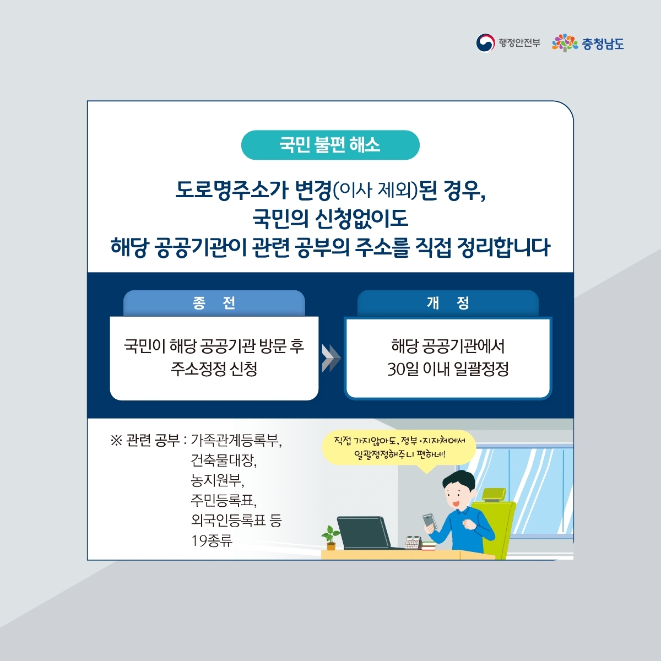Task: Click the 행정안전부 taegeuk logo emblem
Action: click(x=485, y=43)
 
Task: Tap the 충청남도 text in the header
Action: click(x=603, y=44)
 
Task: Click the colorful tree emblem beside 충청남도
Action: click(x=565, y=43)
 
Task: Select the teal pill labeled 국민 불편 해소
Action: click(x=330, y=145)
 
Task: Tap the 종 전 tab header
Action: click(x=214, y=303)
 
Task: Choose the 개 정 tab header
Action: click(x=448, y=303)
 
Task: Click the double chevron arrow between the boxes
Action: click(x=331, y=358)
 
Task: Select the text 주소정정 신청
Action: click(x=214, y=369)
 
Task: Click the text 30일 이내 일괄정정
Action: click(x=448, y=369)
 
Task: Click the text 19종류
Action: click(x=212, y=540)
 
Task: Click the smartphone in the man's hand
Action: click(x=430, y=521)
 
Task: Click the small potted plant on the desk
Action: click(x=330, y=538)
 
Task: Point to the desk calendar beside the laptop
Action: click(x=413, y=543)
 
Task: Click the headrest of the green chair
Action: click(x=494, y=494)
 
